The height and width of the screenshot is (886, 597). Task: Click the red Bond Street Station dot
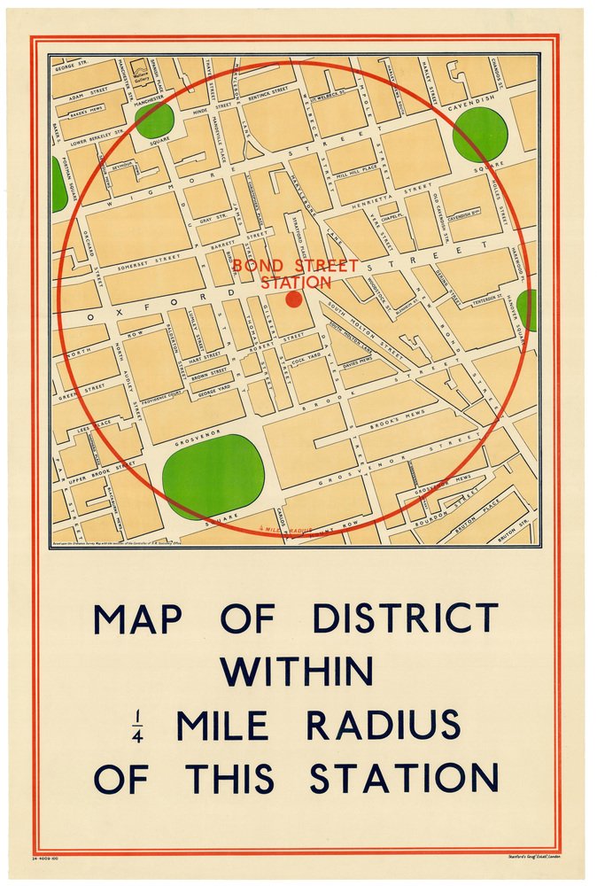[294, 299]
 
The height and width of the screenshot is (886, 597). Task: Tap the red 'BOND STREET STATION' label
[295, 274]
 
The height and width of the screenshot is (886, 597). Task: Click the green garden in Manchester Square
[154, 120]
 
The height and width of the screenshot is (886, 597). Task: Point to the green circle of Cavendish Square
[480, 134]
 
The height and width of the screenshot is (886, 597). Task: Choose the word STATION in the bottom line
[404, 778]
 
